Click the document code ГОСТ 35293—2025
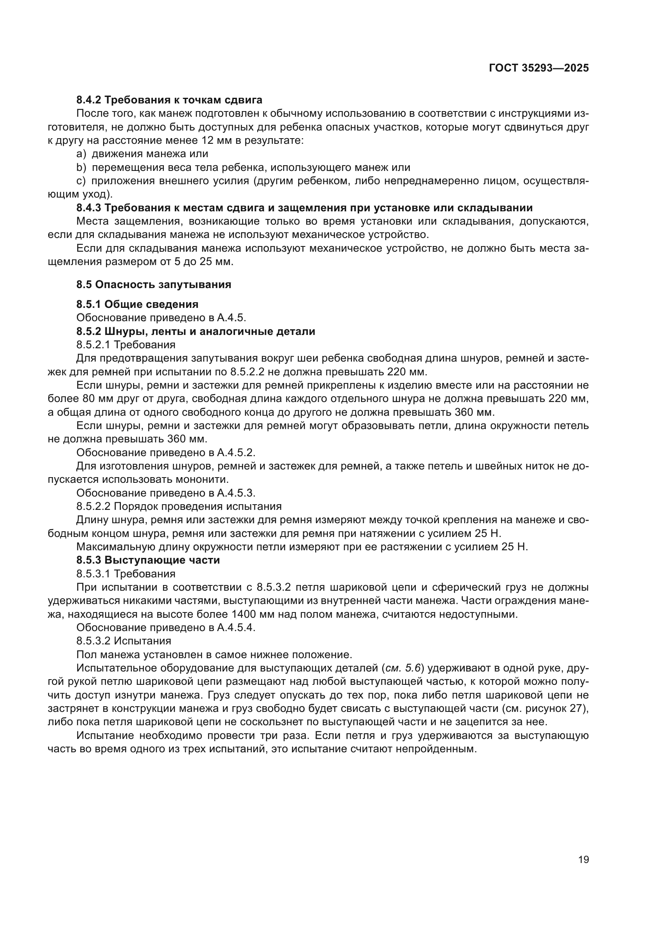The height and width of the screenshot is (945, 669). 538,68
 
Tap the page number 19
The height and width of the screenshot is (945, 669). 583,860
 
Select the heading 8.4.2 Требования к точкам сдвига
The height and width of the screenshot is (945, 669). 169,100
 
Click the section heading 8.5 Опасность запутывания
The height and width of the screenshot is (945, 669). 154,284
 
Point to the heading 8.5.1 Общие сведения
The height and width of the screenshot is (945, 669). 137,304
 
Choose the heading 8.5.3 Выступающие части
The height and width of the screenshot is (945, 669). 148,560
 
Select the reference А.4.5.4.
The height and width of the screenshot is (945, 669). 236,628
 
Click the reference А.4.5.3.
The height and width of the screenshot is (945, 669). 236,493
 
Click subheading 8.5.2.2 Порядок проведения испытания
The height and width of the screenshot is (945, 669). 179,506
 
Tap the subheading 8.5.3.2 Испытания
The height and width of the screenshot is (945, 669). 124,641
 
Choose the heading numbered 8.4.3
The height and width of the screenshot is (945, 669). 304,208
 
